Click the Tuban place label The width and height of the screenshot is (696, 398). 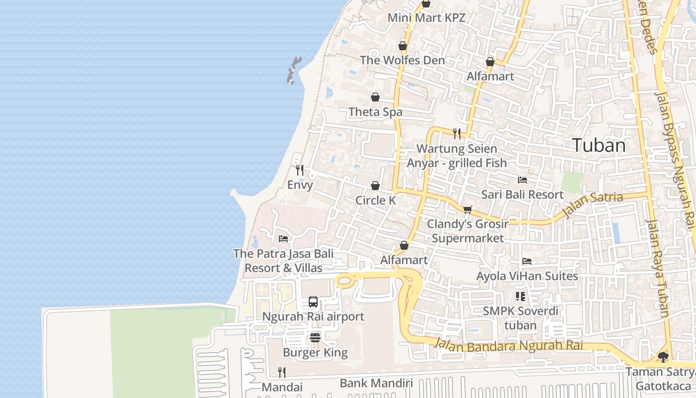pyautogui.click(x=599, y=145)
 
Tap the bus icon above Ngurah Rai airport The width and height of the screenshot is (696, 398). pyautogui.click(x=313, y=301)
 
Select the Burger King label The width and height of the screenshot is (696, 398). pyautogui.click(x=315, y=353)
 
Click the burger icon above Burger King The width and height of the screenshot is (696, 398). pyautogui.click(x=315, y=338)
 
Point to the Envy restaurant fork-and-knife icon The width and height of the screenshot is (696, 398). pyautogui.click(x=300, y=170)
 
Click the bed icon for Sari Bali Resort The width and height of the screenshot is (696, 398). pyautogui.click(x=522, y=180)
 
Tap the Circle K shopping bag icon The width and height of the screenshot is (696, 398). pyautogui.click(x=375, y=186)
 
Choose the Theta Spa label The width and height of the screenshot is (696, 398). pyautogui.click(x=375, y=112)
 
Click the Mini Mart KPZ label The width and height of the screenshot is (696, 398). pyautogui.click(x=426, y=18)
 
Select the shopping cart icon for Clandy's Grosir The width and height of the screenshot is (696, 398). pyautogui.click(x=467, y=209)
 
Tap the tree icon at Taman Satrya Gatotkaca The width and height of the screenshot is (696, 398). pyautogui.click(x=663, y=357)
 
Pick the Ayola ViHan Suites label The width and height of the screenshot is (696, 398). pyautogui.click(x=527, y=276)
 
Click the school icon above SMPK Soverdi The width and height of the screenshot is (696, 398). pyautogui.click(x=521, y=297)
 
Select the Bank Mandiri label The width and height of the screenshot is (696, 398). pyautogui.click(x=376, y=383)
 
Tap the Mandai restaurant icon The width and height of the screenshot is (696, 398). pyautogui.click(x=282, y=372)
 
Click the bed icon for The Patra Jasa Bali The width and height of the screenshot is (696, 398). pyautogui.click(x=283, y=239)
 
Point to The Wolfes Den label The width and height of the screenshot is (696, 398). pyautogui.click(x=402, y=60)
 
